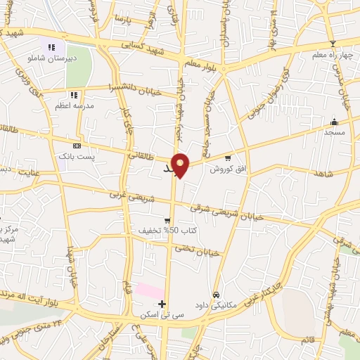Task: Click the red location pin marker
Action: click(181, 165)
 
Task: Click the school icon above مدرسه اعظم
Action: click(74, 95)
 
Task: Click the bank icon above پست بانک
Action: click(77, 146)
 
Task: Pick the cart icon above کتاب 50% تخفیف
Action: click(167, 220)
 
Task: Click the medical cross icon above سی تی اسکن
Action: click(162, 304)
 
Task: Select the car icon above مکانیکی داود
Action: click(216, 295)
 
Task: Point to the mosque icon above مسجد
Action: click(334, 121)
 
